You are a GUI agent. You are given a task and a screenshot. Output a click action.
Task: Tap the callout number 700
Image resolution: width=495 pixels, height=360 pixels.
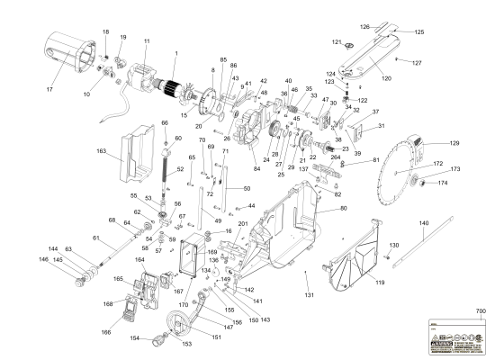tap(480, 311)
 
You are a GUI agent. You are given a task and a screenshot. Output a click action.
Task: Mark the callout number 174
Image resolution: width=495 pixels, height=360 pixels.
tap(443, 184)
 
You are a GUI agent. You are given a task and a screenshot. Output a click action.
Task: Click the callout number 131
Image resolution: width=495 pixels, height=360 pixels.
tap(309, 295)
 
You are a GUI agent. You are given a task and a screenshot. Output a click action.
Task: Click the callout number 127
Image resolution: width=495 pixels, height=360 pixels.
tap(442, 63)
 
